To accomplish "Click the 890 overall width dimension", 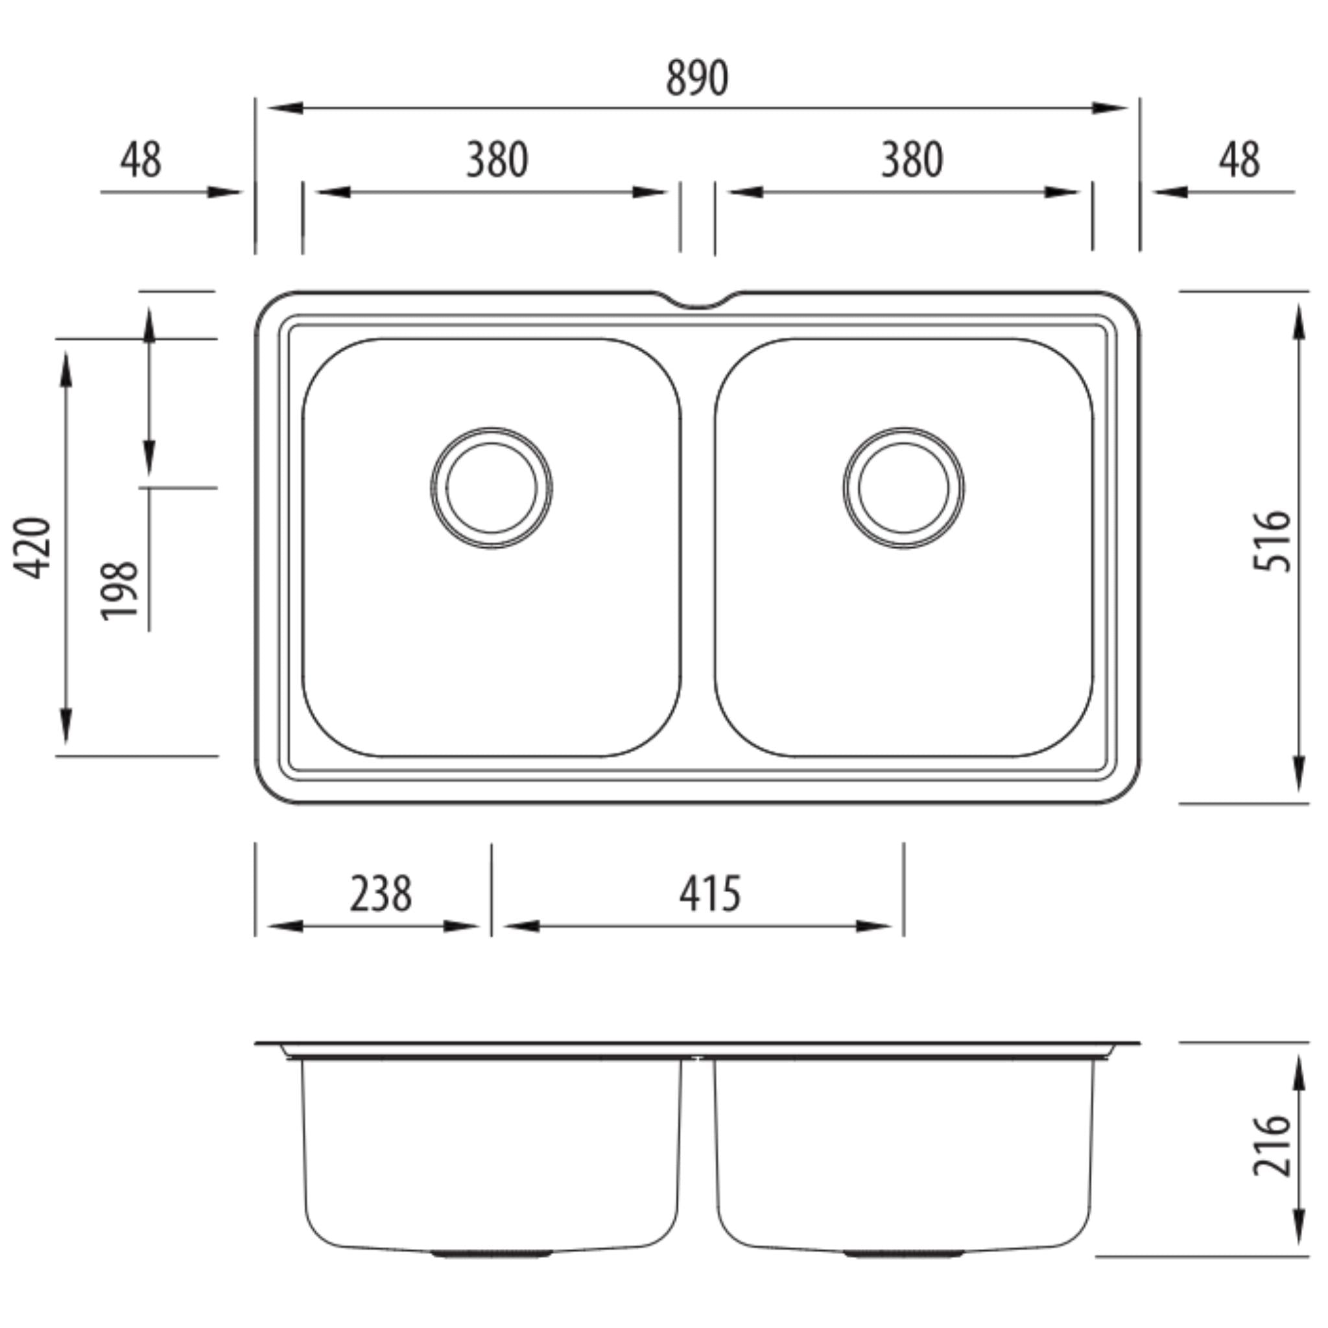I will click(696, 78).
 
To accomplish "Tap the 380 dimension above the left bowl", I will click(496, 160).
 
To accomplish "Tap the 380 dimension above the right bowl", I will click(912, 160).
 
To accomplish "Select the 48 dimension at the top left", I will click(141, 160).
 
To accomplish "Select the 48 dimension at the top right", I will click(1239, 160).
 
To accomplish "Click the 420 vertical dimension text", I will click(33, 547).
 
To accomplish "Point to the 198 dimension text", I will click(119, 591).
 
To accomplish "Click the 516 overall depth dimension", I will click(1270, 540).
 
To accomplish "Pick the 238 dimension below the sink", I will click(380, 894).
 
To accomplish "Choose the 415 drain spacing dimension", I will click(710, 894).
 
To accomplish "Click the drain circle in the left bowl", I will click(492, 488).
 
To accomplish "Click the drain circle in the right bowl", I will click(903, 488).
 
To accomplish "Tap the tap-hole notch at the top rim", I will click(697, 300).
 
